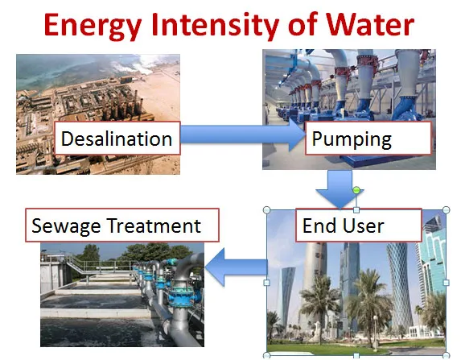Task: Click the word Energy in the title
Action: click(x=93, y=26)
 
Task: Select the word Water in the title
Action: click(x=370, y=24)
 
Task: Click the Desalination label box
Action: click(x=117, y=138)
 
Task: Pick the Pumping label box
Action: click(x=368, y=138)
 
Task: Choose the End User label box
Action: click(x=359, y=226)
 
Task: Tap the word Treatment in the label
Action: click(x=154, y=226)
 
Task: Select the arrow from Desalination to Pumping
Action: click(x=243, y=134)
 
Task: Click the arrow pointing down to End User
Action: click(x=340, y=189)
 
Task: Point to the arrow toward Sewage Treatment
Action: click(x=236, y=267)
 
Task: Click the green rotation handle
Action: click(x=356, y=190)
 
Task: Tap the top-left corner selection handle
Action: click(x=266, y=210)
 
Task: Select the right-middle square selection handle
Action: click(x=446, y=283)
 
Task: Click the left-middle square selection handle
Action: click(x=266, y=283)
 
